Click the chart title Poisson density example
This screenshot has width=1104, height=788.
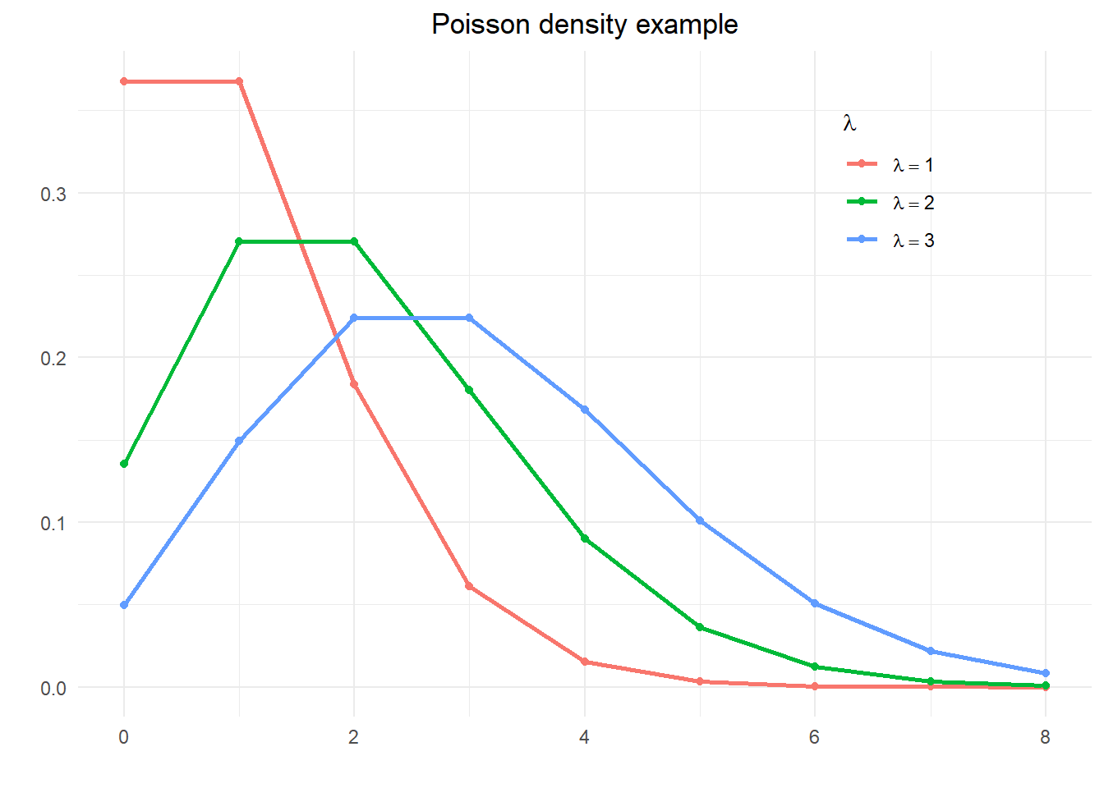pos(584,25)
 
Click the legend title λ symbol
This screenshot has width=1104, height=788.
pos(849,124)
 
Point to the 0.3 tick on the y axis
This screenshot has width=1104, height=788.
pos(53,194)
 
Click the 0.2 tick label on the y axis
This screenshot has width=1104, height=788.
pos(53,358)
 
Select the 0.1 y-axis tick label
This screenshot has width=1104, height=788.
pos(53,523)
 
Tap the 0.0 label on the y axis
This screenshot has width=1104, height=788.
pos(53,688)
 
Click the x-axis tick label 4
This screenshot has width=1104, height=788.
pos(584,737)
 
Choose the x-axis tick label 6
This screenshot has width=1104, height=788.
pos(814,737)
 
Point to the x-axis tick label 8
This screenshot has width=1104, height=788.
pos(1045,737)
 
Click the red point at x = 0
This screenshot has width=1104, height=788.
pos(124,81)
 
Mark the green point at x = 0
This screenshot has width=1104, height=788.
pos(124,464)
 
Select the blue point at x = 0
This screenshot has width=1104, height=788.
pos(124,605)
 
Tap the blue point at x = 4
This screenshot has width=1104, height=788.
pos(585,409)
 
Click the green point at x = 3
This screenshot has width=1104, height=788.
pos(469,390)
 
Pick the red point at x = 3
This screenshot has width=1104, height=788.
pos(469,586)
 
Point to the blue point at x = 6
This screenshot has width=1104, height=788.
pos(815,603)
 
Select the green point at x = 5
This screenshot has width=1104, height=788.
pos(700,627)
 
